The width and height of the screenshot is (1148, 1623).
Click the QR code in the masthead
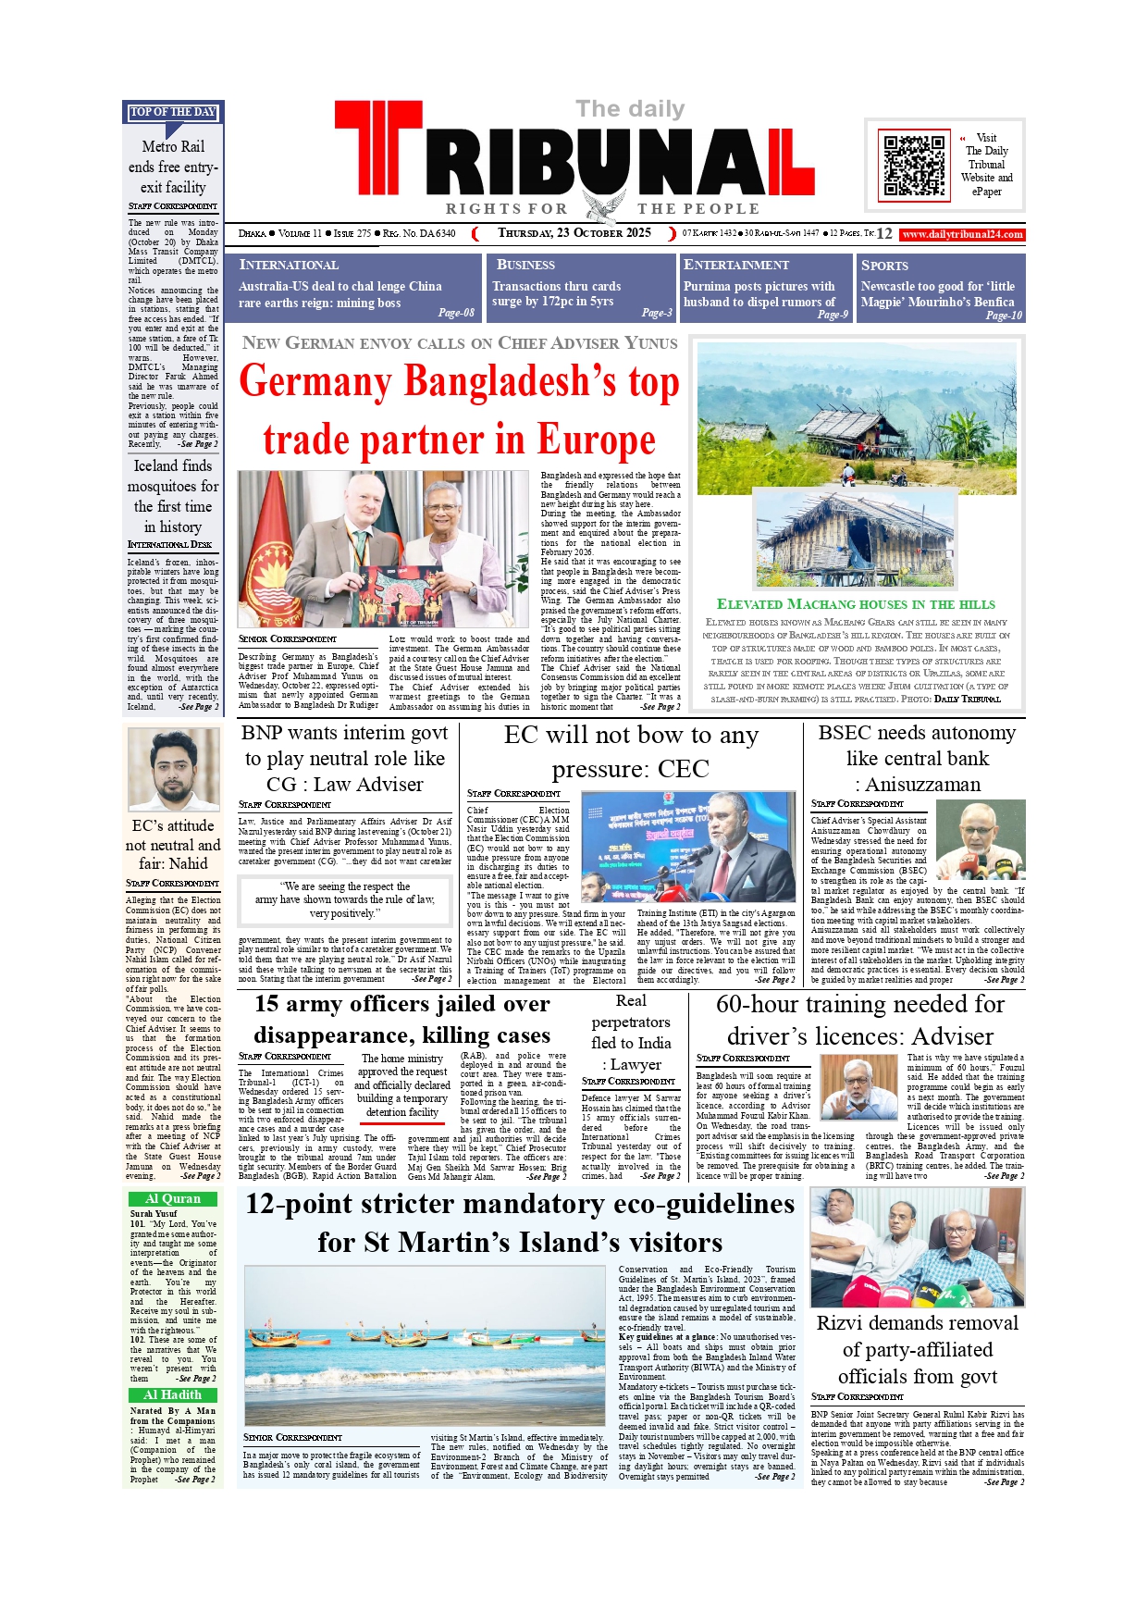915,166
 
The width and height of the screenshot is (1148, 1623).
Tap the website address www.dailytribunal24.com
962,234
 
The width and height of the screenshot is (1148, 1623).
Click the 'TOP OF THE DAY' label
173,112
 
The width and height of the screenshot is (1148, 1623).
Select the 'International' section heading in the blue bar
289,265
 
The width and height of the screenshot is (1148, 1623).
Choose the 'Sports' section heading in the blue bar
884,265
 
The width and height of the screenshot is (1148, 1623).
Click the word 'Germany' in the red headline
315,381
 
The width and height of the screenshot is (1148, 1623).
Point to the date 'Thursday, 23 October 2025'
574,233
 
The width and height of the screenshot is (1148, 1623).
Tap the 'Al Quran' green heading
173,1198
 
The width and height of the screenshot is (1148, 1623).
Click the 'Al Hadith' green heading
173,1394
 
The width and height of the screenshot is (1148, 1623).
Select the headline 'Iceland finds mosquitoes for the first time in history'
173,496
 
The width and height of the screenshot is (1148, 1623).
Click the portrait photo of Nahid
173,770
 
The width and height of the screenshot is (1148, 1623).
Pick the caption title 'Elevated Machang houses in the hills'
856,604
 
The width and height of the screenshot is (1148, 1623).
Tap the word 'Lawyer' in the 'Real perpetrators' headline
636,1064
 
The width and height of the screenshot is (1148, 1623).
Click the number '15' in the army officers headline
266,1004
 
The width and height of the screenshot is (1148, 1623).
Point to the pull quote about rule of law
344,899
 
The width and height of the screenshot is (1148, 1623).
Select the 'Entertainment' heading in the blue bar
735,265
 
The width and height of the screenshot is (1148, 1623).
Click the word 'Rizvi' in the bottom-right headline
845,1323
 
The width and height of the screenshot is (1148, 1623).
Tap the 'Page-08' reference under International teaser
456,313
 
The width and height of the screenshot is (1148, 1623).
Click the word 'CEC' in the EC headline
684,769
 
